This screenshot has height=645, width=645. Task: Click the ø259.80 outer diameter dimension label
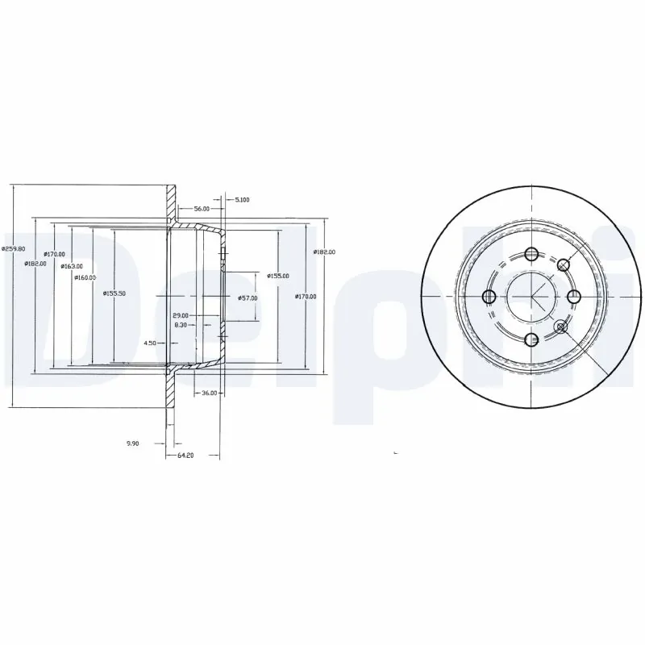point(13,249)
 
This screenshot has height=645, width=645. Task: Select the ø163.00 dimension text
point(72,265)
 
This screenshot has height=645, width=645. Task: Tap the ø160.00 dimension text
point(85,278)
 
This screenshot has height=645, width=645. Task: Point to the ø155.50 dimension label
point(114,293)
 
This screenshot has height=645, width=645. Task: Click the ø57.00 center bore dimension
point(248,298)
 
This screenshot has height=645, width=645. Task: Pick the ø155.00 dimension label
point(278,276)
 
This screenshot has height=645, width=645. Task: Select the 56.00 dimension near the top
point(190,208)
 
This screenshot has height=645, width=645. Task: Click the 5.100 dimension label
point(242,199)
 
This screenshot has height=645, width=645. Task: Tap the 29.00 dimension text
point(180,315)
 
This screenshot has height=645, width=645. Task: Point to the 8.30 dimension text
point(181,326)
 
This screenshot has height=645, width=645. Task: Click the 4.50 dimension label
point(150,343)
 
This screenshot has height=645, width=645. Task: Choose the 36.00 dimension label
point(208,393)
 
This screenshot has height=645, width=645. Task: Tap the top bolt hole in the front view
point(531,255)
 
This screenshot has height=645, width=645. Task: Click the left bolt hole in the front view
point(489,297)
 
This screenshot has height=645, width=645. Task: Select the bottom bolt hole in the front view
point(531,339)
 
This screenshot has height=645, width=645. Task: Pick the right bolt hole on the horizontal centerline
point(574,297)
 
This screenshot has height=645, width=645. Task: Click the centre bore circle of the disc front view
point(531,297)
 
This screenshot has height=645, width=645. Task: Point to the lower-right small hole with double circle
point(563,327)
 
